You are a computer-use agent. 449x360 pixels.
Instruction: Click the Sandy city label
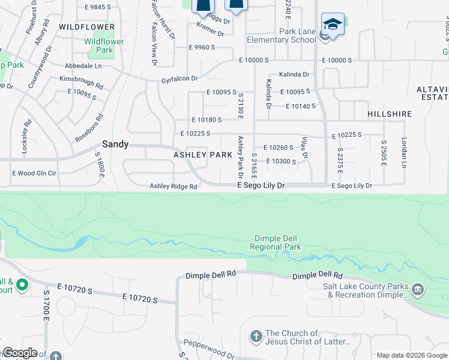click(115, 144)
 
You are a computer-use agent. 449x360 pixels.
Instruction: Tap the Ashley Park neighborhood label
click(203, 155)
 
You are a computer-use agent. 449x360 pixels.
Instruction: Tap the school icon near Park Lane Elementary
click(333, 25)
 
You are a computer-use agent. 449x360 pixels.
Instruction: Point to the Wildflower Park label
click(104, 46)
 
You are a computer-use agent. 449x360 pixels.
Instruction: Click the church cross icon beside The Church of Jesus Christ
click(256, 337)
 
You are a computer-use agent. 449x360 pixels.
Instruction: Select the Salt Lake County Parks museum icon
click(418, 290)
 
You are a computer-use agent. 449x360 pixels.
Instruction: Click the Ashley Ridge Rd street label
click(173, 187)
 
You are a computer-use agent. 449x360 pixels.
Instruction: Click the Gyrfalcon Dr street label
click(179, 79)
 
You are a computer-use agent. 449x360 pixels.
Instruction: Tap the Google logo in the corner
click(20, 353)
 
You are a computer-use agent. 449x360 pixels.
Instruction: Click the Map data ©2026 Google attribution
click(412, 355)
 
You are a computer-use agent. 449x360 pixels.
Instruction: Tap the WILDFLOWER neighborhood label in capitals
click(87, 27)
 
